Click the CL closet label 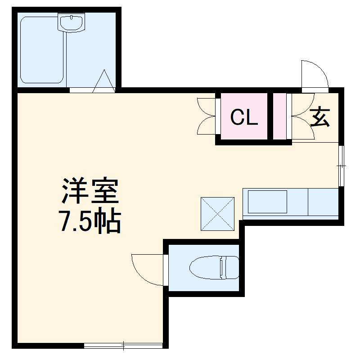pyautogui.click(x=244, y=117)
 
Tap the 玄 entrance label pyautogui.click(x=320, y=117)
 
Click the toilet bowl pyautogui.click(x=205, y=268)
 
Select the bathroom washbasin pyautogui.click(x=71, y=22)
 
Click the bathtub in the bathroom pyautogui.click(x=42, y=49)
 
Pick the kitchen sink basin pyautogui.click(x=268, y=202)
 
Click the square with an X pyautogui.click(x=217, y=213)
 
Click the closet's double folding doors pyautogui.click(x=207, y=116)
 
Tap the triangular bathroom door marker pyautogui.click(x=104, y=82)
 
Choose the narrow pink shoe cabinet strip pyautogui.click(x=279, y=117)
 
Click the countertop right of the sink pyautogui.click(x=323, y=202)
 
